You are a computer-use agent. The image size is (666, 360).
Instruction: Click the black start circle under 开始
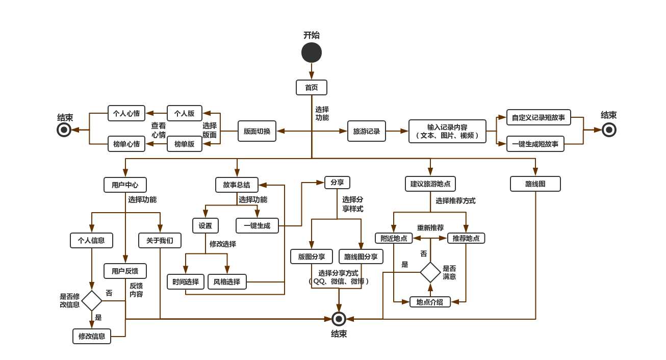(x=312, y=53)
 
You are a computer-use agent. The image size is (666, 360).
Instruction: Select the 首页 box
(x=312, y=87)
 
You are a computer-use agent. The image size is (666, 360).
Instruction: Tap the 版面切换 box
(x=257, y=131)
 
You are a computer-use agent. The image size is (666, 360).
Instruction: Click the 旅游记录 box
(x=367, y=131)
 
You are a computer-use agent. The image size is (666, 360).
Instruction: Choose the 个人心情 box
(x=126, y=113)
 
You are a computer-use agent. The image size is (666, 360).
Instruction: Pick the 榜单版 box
(x=185, y=144)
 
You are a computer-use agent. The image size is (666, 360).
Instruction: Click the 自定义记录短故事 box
(x=539, y=117)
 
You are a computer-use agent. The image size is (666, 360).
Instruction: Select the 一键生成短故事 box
(x=535, y=144)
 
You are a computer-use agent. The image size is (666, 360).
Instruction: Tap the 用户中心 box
(x=125, y=185)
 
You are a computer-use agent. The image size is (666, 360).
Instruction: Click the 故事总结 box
(x=237, y=185)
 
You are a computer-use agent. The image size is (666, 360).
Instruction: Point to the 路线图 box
(x=535, y=184)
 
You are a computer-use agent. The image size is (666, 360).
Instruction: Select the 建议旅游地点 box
(x=430, y=184)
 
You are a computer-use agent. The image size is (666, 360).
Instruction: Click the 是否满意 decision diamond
(x=430, y=272)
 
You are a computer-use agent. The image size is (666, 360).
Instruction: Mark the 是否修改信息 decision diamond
(x=92, y=301)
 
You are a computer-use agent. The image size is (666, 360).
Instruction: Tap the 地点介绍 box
(x=430, y=302)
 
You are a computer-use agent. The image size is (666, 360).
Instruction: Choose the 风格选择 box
(x=227, y=281)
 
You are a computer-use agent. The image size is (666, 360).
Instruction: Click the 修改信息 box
(x=92, y=336)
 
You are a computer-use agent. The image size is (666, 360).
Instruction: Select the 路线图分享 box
(x=361, y=256)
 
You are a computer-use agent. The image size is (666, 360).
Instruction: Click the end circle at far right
(x=609, y=130)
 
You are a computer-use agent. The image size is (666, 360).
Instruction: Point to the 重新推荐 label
(x=430, y=227)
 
